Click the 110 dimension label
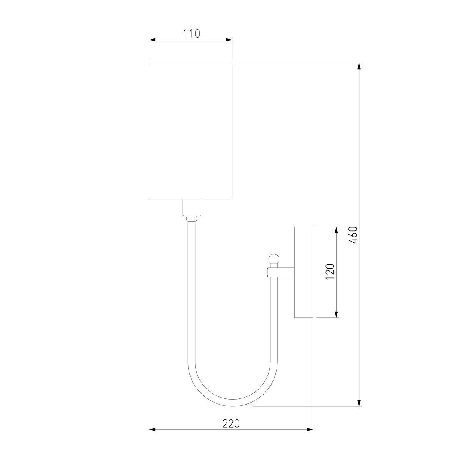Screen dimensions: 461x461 tap(191, 34)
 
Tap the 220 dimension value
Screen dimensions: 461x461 tap(231, 423)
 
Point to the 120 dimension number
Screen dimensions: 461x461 tap(330, 272)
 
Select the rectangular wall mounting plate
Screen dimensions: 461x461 tap(304, 272)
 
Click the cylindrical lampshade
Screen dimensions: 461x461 tap(191, 131)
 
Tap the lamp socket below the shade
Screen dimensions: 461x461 tap(192, 207)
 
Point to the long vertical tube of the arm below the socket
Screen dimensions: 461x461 tap(192, 288)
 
